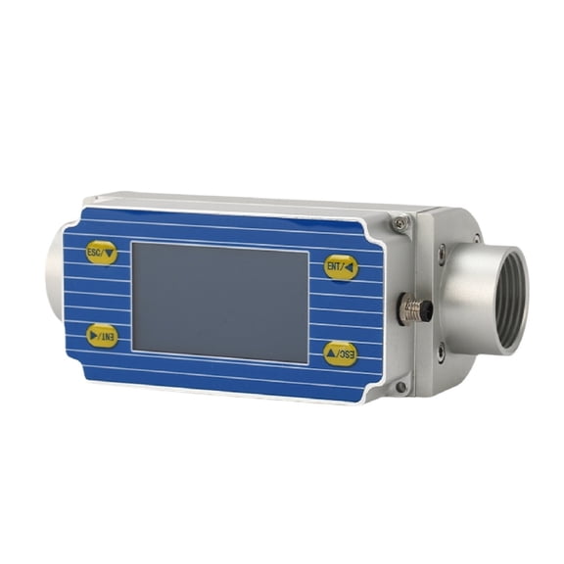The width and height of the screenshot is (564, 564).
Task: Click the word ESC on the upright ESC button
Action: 95,252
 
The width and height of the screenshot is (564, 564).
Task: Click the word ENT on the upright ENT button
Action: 335,265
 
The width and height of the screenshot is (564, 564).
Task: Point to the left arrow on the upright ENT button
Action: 350,266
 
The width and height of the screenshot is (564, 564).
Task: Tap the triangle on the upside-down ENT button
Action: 92,335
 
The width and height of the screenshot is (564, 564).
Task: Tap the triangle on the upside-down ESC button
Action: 332,354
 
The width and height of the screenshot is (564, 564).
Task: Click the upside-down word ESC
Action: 347,354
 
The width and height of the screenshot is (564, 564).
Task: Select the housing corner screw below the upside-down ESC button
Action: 399,388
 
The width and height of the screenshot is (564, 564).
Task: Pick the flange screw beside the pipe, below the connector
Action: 440,356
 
